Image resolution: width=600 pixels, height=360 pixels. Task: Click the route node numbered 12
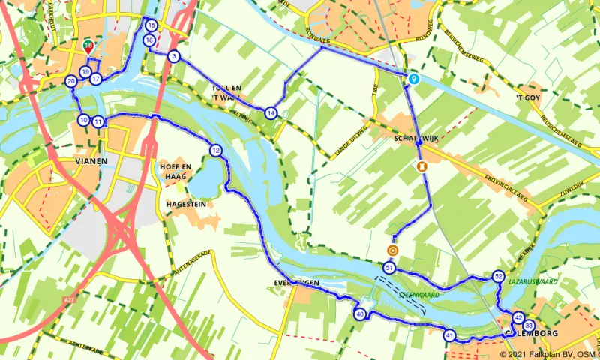216,150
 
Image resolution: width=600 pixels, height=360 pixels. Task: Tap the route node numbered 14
271,112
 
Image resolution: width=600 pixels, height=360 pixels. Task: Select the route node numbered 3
174,56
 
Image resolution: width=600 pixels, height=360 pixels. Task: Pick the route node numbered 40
360,314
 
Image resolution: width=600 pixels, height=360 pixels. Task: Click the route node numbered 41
449,335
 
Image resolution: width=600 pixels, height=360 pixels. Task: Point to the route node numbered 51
388,267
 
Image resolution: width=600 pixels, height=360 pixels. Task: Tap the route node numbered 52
499,276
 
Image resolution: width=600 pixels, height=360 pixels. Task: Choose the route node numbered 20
70,81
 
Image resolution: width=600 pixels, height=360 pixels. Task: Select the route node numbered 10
82,120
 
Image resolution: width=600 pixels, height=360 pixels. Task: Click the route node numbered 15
152,25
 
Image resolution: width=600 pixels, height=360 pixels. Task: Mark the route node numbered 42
518,317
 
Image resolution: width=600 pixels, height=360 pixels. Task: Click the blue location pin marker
413,77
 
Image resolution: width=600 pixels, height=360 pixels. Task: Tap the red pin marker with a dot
89,47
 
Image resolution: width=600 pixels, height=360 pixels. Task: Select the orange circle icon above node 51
392,250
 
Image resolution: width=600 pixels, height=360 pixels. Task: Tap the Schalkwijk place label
410,139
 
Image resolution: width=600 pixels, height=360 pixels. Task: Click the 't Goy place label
528,97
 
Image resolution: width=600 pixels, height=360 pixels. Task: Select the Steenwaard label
419,295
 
